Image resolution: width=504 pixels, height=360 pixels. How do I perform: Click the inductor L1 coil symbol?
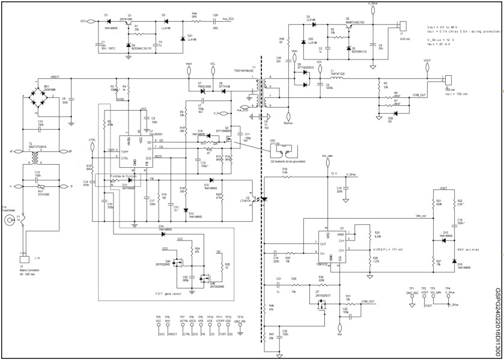pos(338,78)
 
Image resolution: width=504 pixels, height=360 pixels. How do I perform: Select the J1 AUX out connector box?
pos(404,26)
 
